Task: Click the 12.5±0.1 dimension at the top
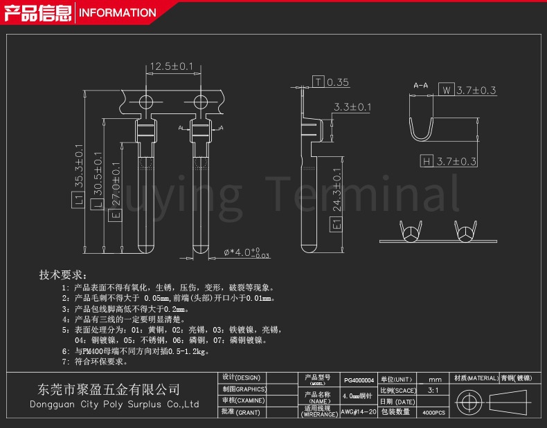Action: pos(172,66)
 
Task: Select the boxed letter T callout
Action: pos(318,82)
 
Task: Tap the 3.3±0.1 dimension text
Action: pos(352,107)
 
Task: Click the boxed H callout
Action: pos(427,162)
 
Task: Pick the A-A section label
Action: pos(420,85)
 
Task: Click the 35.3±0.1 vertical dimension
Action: pos(78,167)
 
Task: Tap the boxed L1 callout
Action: pos(78,201)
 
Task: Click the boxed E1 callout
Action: pos(337,224)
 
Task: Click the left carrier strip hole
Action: pos(147,102)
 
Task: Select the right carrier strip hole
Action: pos(201,102)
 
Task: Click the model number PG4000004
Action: pos(359,380)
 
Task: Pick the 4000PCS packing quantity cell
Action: pos(434,412)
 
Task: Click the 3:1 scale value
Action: pos(434,391)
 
